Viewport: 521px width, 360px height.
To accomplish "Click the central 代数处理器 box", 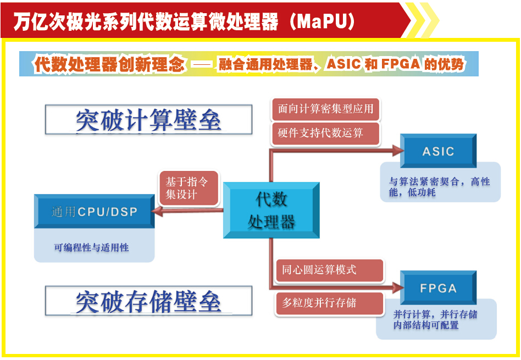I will (271, 210).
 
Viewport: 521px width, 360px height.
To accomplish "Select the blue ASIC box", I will (438, 151).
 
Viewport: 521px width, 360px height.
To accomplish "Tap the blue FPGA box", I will (438, 288).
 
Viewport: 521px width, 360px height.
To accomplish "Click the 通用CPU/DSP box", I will (95, 212).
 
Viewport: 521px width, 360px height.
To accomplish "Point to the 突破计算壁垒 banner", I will (148, 120).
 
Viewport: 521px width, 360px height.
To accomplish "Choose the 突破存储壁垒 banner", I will (148, 301).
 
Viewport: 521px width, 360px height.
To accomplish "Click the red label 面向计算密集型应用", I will (325, 109).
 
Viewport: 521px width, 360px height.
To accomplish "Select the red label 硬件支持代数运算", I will (325, 133).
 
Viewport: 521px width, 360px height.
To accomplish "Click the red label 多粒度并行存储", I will (329, 302).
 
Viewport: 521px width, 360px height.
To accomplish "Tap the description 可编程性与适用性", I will (91, 248).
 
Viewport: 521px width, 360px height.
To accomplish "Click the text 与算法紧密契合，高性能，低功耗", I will (439, 187).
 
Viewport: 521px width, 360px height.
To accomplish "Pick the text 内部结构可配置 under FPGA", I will (426, 325).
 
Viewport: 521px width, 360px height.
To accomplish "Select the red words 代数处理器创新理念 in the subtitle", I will (109, 65).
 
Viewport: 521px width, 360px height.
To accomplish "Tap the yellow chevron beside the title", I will (423, 21).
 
